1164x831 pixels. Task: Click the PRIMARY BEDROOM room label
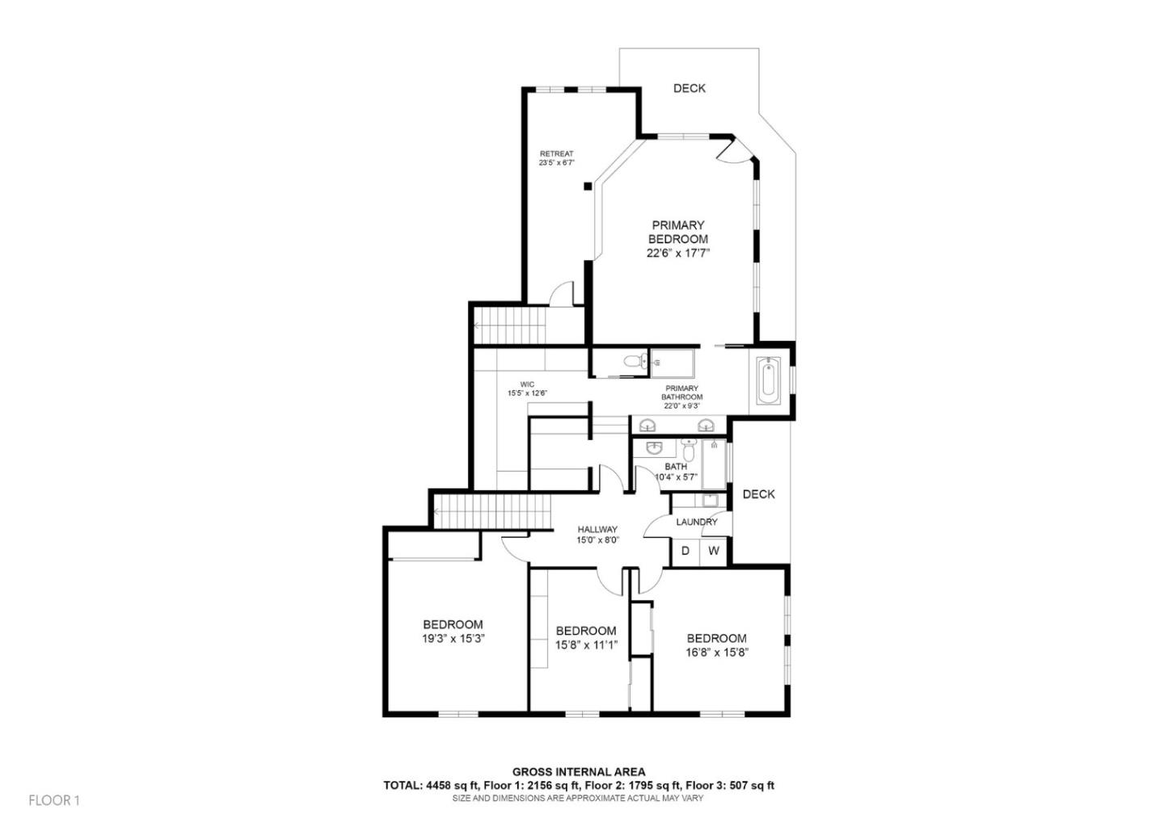tap(678, 233)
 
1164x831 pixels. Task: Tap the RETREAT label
tap(556, 154)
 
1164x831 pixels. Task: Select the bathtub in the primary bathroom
tap(768, 381)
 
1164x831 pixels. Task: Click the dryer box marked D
tap(685, 552)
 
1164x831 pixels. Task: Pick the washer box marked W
tap(714, 552)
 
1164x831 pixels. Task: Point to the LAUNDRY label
tap(697, 523)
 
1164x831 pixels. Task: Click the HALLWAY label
tap(597, 530)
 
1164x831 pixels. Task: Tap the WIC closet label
tap(527, 384)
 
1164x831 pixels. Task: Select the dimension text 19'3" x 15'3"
tap(453, 638)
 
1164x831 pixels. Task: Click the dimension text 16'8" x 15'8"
tap(716, 653)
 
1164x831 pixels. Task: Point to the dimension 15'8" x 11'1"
tap(585, 644)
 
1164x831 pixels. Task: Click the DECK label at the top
tap(690, 88)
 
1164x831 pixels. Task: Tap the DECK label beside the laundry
tap(758, 494)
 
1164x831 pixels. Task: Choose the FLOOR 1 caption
tap(54, 800)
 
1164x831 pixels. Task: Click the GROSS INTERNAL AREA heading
tap(579, 772)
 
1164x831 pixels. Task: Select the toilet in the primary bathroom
tap(635, 362)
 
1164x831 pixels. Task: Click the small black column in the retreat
tap(588, 187)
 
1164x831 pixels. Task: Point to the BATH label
tap(676, 467)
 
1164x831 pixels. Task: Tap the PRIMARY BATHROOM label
tap(682, 392)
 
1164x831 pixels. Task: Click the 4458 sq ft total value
tap(451, 785)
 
